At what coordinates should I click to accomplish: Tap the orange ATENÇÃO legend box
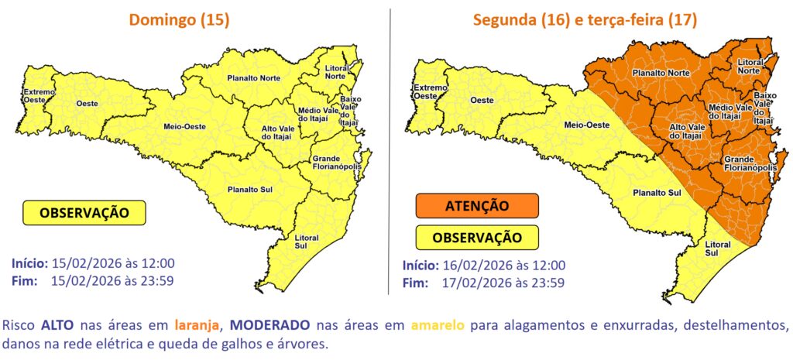click(477, 206)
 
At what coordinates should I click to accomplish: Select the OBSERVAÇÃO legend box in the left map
click(84, 212)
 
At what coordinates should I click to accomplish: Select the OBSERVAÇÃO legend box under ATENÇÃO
click(477, 237)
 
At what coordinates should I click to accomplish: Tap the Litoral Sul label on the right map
click(717, 249)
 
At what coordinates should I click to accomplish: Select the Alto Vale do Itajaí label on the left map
click(280, 132)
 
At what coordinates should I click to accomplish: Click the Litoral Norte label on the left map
click(336, 72)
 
